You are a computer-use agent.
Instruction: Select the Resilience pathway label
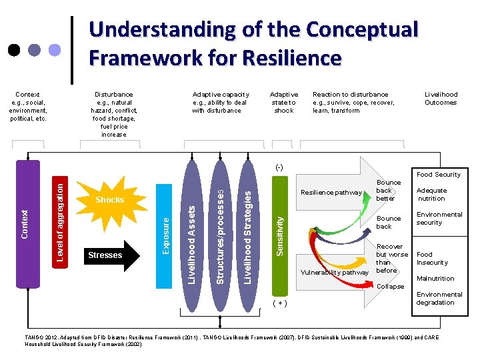pyautogui.click(x=331, y=193)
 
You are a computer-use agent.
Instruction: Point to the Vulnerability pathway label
pyautogui.click(x=335, y=272)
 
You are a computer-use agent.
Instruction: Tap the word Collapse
pyautogui.click(x=391, y=287)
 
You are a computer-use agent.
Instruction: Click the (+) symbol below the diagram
pyautogui.click(x=280, y=303)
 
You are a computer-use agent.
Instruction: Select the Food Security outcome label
pyautogui.click(x=438, y=175)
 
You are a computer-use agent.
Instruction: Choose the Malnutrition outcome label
pyautogui.click(x=435, y=279)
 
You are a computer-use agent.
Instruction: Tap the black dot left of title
pyautogui.click(x=14, y=50)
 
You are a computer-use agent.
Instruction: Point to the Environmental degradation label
pyautogui.click(x=439, y=299)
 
